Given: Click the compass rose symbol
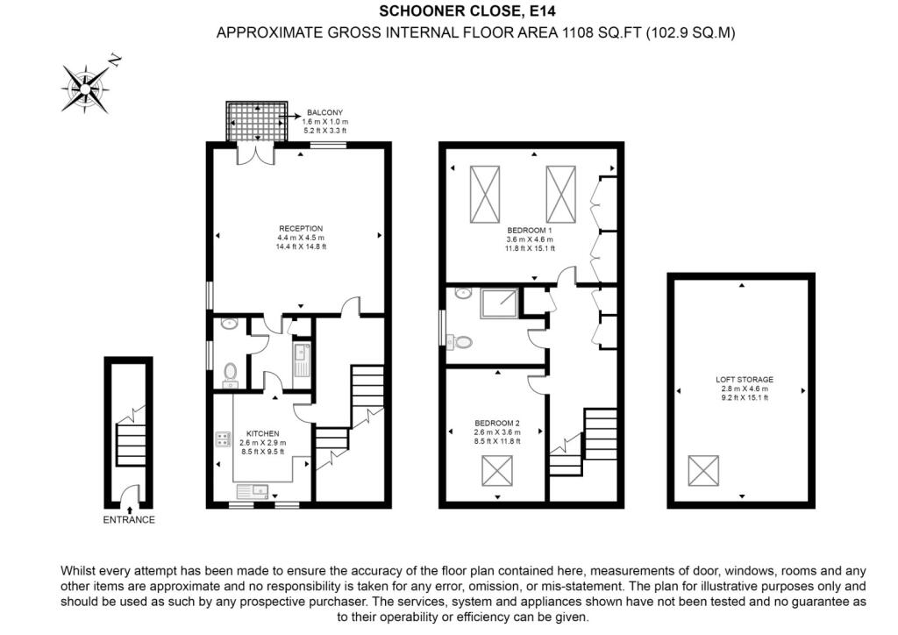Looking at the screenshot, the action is (86, 89).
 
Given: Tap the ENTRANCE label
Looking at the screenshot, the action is (129, 520).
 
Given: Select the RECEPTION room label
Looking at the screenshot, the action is (301, 228).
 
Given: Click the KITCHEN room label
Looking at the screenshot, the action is (263, 434).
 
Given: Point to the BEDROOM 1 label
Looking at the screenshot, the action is (530, 231).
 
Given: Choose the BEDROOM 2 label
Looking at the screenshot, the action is (497, 423).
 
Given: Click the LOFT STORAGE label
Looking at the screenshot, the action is (745, 380).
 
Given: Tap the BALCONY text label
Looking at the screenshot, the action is (324, 113).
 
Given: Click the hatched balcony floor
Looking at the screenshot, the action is (257, 121).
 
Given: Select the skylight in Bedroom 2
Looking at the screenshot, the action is (497, 471).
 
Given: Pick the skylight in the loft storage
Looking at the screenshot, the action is (703, 471).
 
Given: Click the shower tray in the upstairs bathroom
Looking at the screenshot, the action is (499, 303).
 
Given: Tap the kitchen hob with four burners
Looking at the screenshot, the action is (223, 439).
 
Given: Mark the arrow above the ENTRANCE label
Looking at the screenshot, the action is (130, 510).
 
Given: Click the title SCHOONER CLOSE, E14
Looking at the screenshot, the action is (467, 11).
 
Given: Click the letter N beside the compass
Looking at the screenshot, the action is (116, 61).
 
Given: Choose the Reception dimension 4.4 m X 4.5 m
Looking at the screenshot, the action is (301, 238).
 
